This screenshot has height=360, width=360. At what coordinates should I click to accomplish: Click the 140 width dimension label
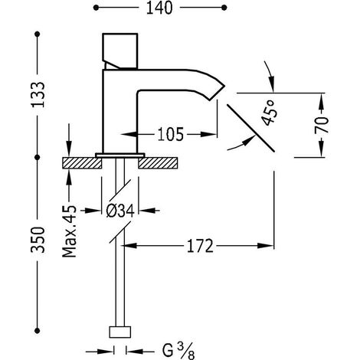(159, 8)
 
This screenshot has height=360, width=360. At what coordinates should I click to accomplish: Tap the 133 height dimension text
(38, 94)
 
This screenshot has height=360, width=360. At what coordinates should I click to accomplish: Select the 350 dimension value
(38, 240)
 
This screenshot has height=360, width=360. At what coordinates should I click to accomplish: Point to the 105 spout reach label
(171, 134)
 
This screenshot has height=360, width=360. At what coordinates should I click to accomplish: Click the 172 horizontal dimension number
(200, 246)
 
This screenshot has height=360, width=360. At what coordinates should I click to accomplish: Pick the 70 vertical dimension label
(322, 125)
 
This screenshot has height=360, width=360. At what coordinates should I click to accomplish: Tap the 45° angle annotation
(268, 113)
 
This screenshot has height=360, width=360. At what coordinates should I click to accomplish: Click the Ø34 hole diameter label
(120, 211)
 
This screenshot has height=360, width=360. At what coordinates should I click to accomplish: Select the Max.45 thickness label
(69, 231)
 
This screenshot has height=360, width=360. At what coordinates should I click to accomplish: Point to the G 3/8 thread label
(178, 351)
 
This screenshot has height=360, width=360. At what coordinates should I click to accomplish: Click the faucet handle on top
(120, 51)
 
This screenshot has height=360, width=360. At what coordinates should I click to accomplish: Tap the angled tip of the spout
(217, 92)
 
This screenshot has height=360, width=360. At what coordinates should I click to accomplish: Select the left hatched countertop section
(82, 163)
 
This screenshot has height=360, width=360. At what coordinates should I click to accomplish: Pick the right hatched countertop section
(158, 163)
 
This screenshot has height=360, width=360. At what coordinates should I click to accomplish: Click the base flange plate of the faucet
(120, 155)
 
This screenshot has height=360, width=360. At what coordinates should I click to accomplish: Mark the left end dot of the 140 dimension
(96, 8)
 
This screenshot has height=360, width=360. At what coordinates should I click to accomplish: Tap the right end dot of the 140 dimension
(224, 8)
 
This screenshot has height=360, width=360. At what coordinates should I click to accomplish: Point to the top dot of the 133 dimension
(38, 34)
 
